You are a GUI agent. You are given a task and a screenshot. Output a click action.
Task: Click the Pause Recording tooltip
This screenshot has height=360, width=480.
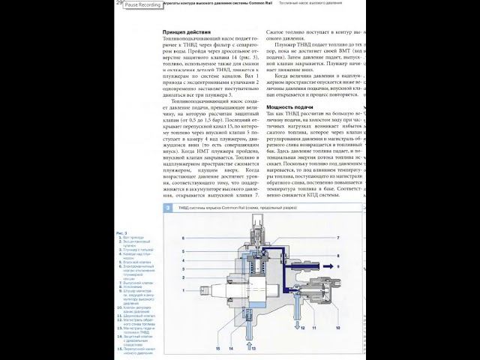pyautogui.click(x=142, y=4)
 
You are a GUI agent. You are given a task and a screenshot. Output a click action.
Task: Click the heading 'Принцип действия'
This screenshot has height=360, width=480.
pyautogui.click(x=187, y=33)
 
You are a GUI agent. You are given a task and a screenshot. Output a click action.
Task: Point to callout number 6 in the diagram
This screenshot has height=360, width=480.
pyautogui.click(x=182, y=238)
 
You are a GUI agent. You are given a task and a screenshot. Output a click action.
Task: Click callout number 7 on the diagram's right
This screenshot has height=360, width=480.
pyautogui.click(x=338, y=237)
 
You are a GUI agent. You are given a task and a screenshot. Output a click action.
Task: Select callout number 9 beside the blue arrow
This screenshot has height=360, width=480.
pyautogui.click(x=338, y=266)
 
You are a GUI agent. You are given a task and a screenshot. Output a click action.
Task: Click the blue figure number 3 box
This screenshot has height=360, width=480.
pyautogui.click(x=168, y=207)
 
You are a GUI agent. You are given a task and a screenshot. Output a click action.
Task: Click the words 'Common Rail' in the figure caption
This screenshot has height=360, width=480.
pyautogui.click(x=250, y=207)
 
